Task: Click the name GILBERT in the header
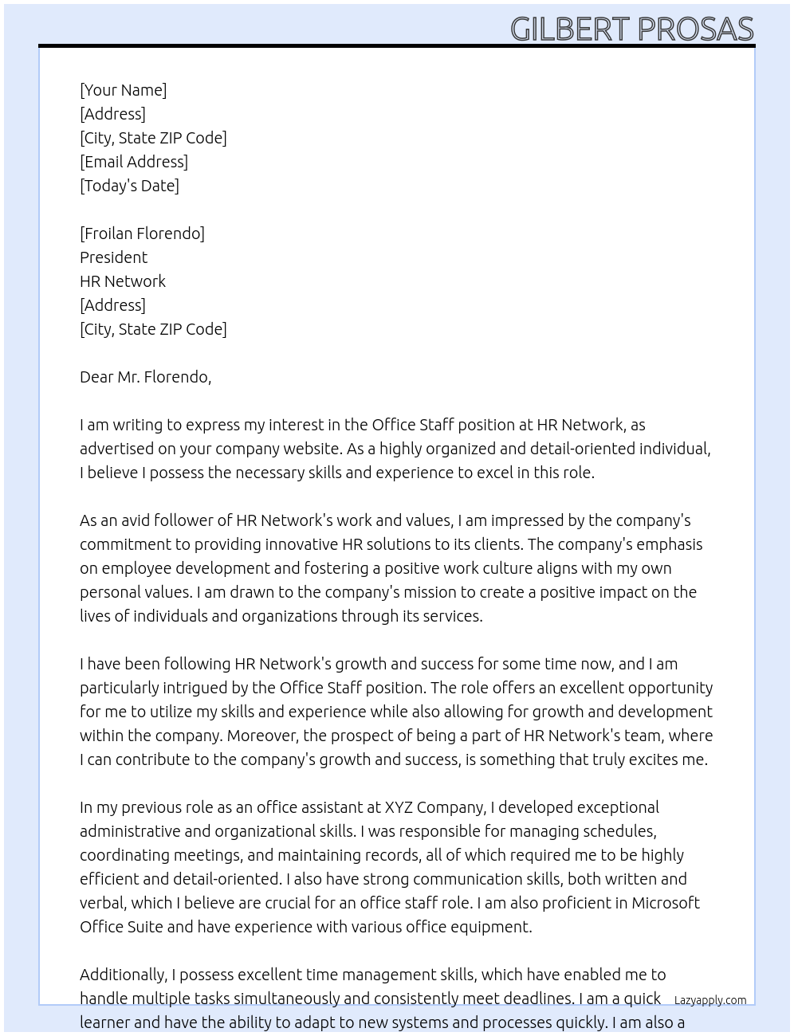click(570, 29)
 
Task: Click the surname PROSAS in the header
click(695, 29)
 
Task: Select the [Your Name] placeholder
click(123, 90)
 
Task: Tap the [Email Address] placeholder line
click(134, 162)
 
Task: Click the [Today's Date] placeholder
click(129, 186)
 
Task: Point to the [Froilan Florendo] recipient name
click(142, 233)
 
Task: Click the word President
click(113, 257)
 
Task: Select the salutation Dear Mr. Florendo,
click(145, 377)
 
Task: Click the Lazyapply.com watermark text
click(709, 1000)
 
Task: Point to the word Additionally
click(123, 975)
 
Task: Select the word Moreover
click(262, 736)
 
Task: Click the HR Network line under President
click(123, 281)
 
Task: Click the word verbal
click(102, 903)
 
